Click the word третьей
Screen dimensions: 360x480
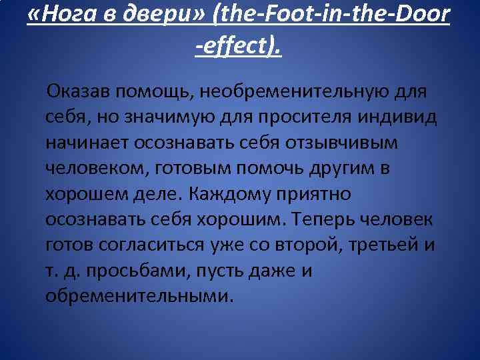click(378, 245)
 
